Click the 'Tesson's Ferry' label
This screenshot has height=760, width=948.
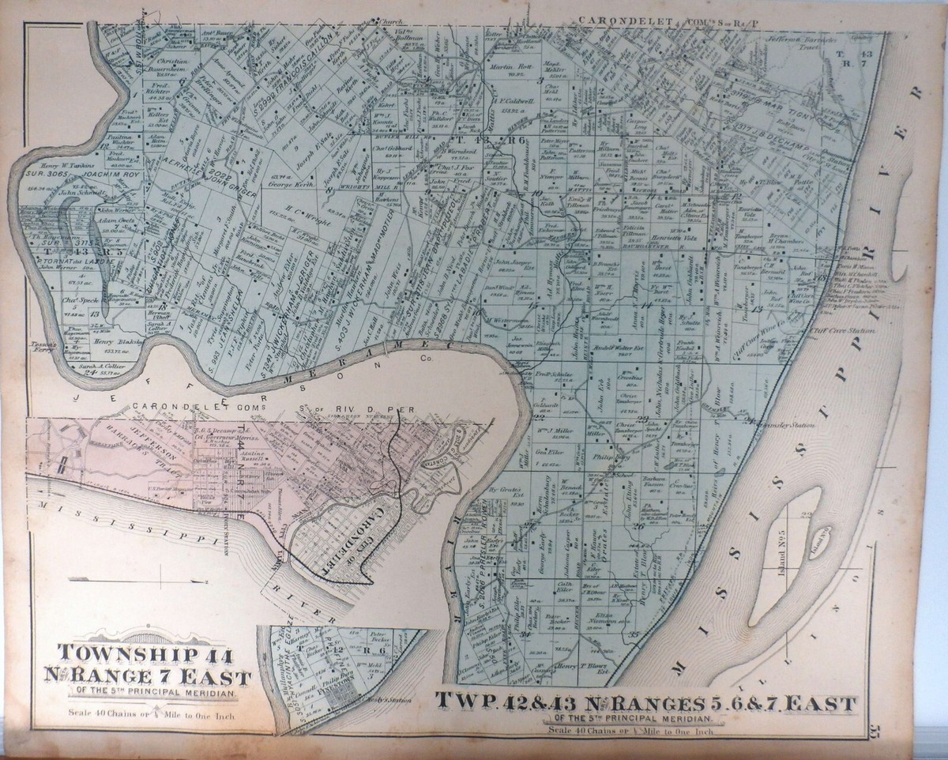point(38,346)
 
